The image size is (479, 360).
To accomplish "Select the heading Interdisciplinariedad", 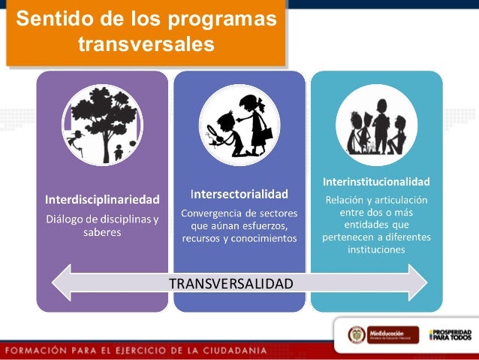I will [x=102, y=200].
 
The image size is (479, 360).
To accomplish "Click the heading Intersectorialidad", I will [x=239, y=194].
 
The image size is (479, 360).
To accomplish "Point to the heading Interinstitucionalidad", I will [x=376, y=182].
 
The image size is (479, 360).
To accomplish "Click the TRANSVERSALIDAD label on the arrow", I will [x=230, y=283].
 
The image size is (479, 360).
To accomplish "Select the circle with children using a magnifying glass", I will [x=239, y=125].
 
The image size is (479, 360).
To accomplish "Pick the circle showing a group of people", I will [x=376, y=119].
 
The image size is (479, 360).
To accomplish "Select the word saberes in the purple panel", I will [x=102, y=232].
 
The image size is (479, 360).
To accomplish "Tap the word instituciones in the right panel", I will [x=376, y=250].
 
